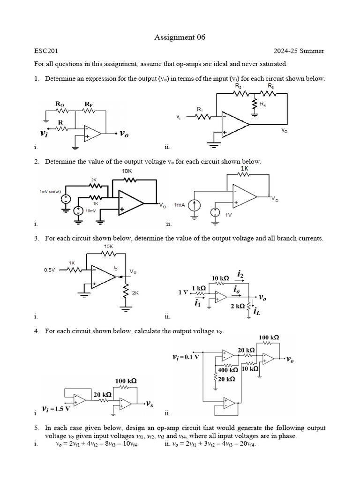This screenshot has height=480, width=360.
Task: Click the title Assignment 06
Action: [180, 37]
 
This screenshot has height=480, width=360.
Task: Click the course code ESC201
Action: [46, 51]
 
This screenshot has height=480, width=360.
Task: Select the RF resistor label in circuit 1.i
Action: [88, 103]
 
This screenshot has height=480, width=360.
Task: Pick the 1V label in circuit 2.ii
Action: [229, 215]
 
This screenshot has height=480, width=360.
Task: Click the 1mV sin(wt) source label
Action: [50, 192]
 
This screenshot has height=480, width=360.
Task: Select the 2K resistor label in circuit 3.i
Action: [135, 293]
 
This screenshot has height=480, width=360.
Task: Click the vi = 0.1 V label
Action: [186, 357]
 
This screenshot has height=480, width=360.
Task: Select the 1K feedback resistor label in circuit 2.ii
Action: [244, 168]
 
